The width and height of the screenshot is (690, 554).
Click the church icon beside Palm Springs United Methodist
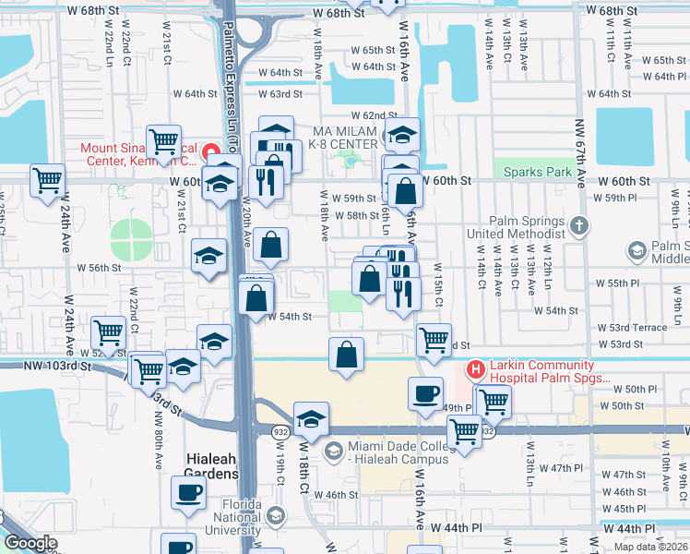[x=578, y=224]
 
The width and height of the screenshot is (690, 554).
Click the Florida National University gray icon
[x=275, y=515]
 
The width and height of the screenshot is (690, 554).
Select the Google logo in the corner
[x=30, y=543]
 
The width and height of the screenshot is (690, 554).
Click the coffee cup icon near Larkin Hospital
[x=425, y=392]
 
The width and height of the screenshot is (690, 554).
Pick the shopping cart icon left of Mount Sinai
[x=163, y=141]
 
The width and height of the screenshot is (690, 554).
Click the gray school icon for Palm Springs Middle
[x=637, y=250]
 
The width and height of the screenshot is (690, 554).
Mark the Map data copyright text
[x=650, y=546]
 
